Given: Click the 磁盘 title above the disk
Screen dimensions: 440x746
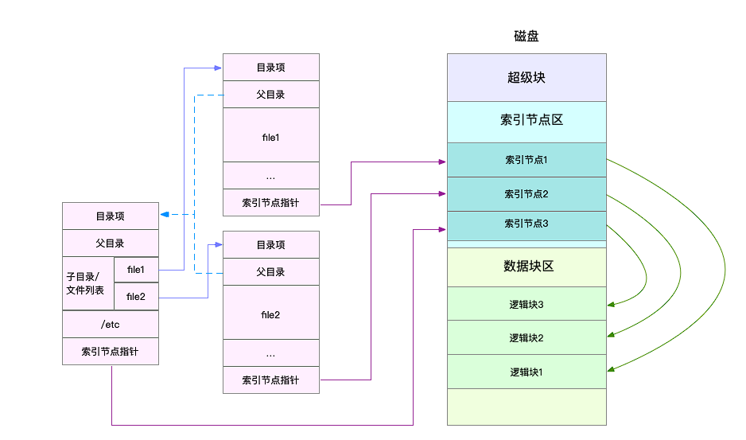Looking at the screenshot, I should (526, 37).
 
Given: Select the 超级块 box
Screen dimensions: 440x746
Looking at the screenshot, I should (526, 78).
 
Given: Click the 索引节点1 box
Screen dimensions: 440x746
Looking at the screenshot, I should (526, 160).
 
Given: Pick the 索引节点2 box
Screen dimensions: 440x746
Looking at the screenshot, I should (526, 194).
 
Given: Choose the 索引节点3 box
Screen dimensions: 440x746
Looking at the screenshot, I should (526, 224).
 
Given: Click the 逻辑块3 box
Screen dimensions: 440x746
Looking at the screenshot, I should (526, 304).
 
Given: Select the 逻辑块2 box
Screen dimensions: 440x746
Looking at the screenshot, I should (526, 338).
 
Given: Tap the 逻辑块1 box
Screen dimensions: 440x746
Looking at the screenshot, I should (526, 372).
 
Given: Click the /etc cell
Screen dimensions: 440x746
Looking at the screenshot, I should (110, 324).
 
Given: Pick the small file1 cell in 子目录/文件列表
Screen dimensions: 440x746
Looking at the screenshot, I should (136, 270).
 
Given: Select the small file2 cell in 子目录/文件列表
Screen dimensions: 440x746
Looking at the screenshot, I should (136, 297).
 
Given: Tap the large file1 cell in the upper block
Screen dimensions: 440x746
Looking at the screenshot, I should (270, 138).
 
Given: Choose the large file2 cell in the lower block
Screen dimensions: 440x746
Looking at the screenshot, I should (270, 315).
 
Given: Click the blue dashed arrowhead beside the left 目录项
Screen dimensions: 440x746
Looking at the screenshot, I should (163, 215).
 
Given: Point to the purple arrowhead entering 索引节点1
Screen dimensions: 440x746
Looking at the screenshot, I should (441, 162).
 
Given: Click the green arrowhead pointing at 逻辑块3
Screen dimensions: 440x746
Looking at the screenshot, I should (611, 304).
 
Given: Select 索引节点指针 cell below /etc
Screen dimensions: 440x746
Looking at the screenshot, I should (110, 351).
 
